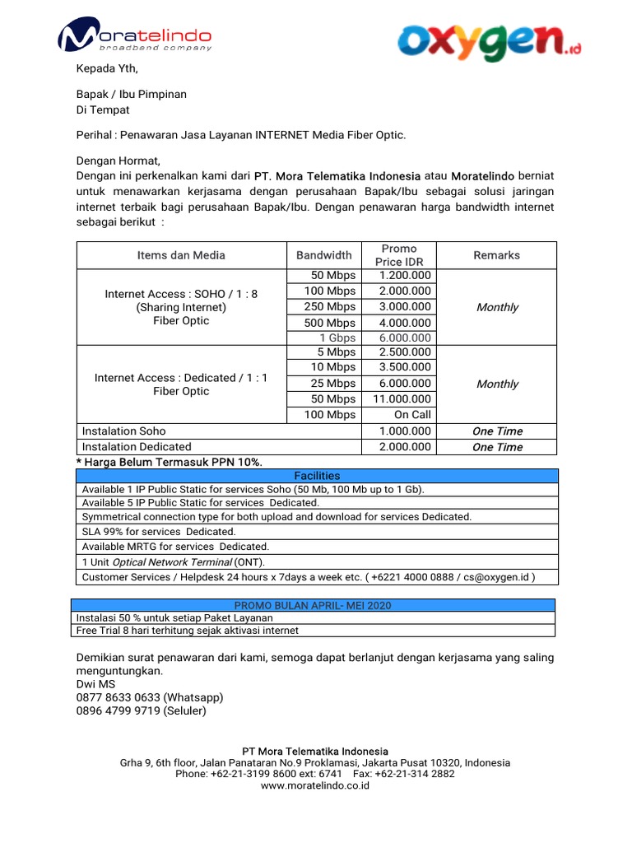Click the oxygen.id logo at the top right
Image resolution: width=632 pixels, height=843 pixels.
click(489, 41)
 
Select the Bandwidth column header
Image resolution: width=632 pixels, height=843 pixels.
click(323, 255)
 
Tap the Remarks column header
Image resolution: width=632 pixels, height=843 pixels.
click(496, 255)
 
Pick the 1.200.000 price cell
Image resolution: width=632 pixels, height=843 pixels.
click(405, 275)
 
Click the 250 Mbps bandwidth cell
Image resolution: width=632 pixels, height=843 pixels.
click(329, 306)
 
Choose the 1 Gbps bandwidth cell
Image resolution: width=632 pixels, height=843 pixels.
click(337, 338)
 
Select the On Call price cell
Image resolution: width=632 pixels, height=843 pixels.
click(412, 415)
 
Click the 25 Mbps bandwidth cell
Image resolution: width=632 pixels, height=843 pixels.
click(332, 384)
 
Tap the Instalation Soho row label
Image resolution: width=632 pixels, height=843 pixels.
click(123, 431)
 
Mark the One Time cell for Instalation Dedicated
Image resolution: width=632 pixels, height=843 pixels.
click(497, 447)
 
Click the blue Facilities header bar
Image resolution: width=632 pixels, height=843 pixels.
click(316, 476)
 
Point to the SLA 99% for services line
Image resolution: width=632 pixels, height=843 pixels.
click(147, 532)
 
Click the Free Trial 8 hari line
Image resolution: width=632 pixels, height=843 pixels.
click(187, 631)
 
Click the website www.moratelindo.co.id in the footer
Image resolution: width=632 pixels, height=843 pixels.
click(315, 785)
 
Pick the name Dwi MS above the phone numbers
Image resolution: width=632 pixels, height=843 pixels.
click(96, 684)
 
